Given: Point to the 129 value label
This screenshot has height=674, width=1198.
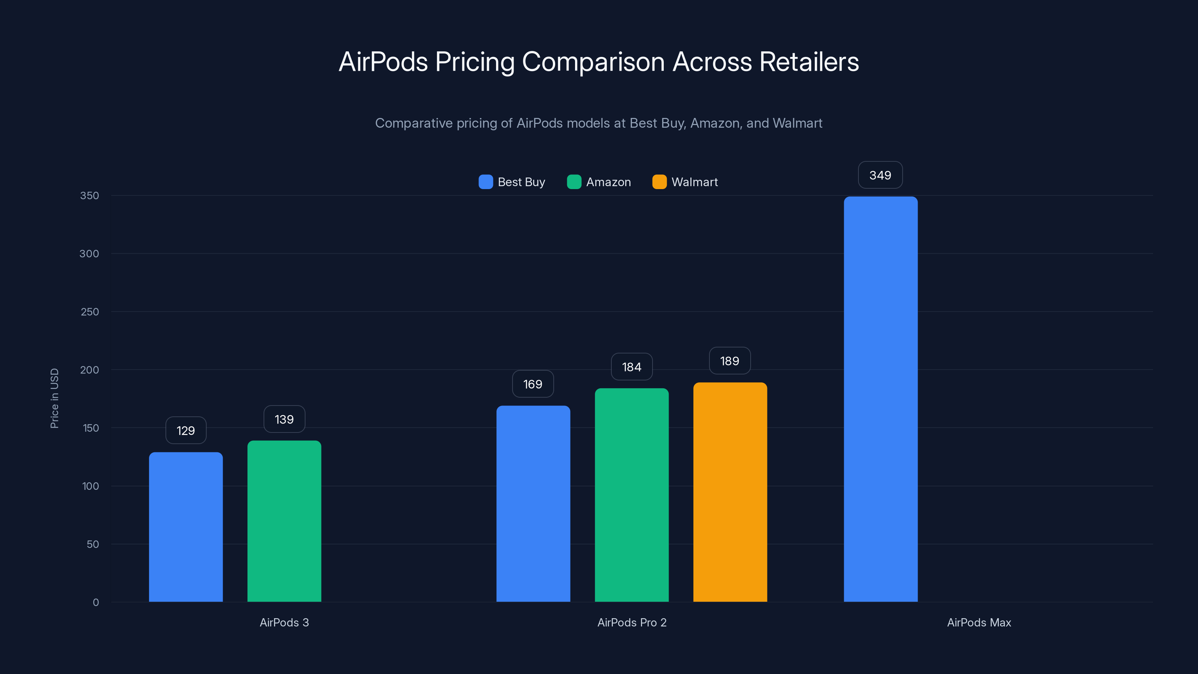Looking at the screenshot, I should click(x=186, y=431).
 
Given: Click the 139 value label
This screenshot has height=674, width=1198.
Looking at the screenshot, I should click(x=284, y=419).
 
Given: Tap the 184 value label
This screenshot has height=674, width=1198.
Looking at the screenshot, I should click(x=632, y=367).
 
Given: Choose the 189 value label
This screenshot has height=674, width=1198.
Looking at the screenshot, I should click(x=730, y=361).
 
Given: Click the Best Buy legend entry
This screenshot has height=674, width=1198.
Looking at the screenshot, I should click(x=512, y=182).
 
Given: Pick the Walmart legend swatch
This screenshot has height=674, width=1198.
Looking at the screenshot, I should click(x=659, y=182).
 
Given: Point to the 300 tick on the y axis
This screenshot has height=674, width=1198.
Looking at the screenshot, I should click(x=89, y=253).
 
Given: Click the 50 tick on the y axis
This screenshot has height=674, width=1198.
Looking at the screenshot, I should click(x=92, y=544).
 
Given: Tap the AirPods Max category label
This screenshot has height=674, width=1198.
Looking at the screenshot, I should click(x=979, y=622).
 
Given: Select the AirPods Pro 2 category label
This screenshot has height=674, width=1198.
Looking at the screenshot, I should click(x=632, y=622).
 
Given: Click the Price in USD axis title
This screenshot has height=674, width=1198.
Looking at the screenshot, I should click(x=54, y=398).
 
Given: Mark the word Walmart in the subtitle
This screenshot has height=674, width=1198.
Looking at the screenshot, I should click(x=797, y=123).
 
